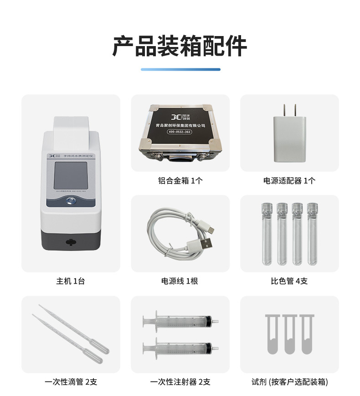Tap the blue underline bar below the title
pos(180,69)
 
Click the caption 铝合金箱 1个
pos(180,181)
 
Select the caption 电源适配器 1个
pos(289,181)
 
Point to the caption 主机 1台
pos(71,281)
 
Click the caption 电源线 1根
pos(180,281)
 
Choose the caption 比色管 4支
pos(289,281)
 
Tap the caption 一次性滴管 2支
pos(71,382)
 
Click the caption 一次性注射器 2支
pos(180,382)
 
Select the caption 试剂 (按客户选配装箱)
pos(289,382)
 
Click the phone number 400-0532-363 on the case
pos(180,132)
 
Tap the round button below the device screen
pos(71,200)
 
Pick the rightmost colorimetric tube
pos(312,234)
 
